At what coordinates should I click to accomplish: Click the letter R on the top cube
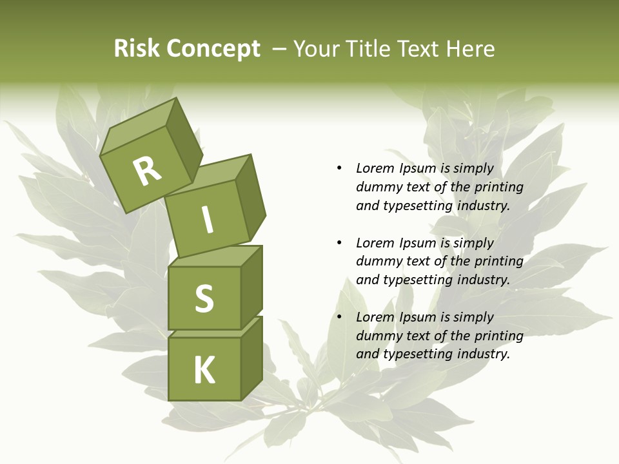click(x=148, y=171)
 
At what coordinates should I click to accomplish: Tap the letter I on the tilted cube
click(x=207, y=220)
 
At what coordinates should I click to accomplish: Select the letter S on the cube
click(x=204, y=298)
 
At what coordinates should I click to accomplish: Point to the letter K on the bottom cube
click(x=204, y=370)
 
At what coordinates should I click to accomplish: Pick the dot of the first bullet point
click(x=339, y=168)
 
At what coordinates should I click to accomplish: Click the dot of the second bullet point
click(x=339, y=243)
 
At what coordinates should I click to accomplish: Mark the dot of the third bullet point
click(x=339, y=317)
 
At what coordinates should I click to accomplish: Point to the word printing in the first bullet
click(x=498, y=187)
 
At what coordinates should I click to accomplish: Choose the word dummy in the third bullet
click(x=378, y=335)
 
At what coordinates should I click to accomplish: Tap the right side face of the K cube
click(x=251, y=361)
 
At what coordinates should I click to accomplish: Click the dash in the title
click(x=279, y=49)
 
